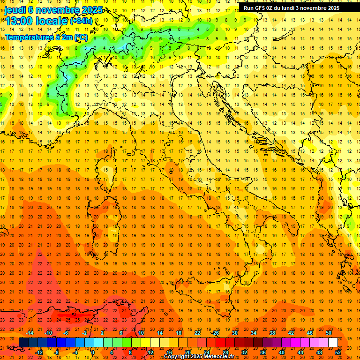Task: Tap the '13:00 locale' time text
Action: click(36, 22)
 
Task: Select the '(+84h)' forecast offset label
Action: click(81, 22)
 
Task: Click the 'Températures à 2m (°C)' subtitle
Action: click(46, 37)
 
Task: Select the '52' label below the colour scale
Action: click(338, 352)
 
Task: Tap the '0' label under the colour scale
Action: click(93, 352)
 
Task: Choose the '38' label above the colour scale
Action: click(272, 333)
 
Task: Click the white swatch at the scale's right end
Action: click(333, 342)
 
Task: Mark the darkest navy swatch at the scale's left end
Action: click(23, 342)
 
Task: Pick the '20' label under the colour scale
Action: click(187, 352)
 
